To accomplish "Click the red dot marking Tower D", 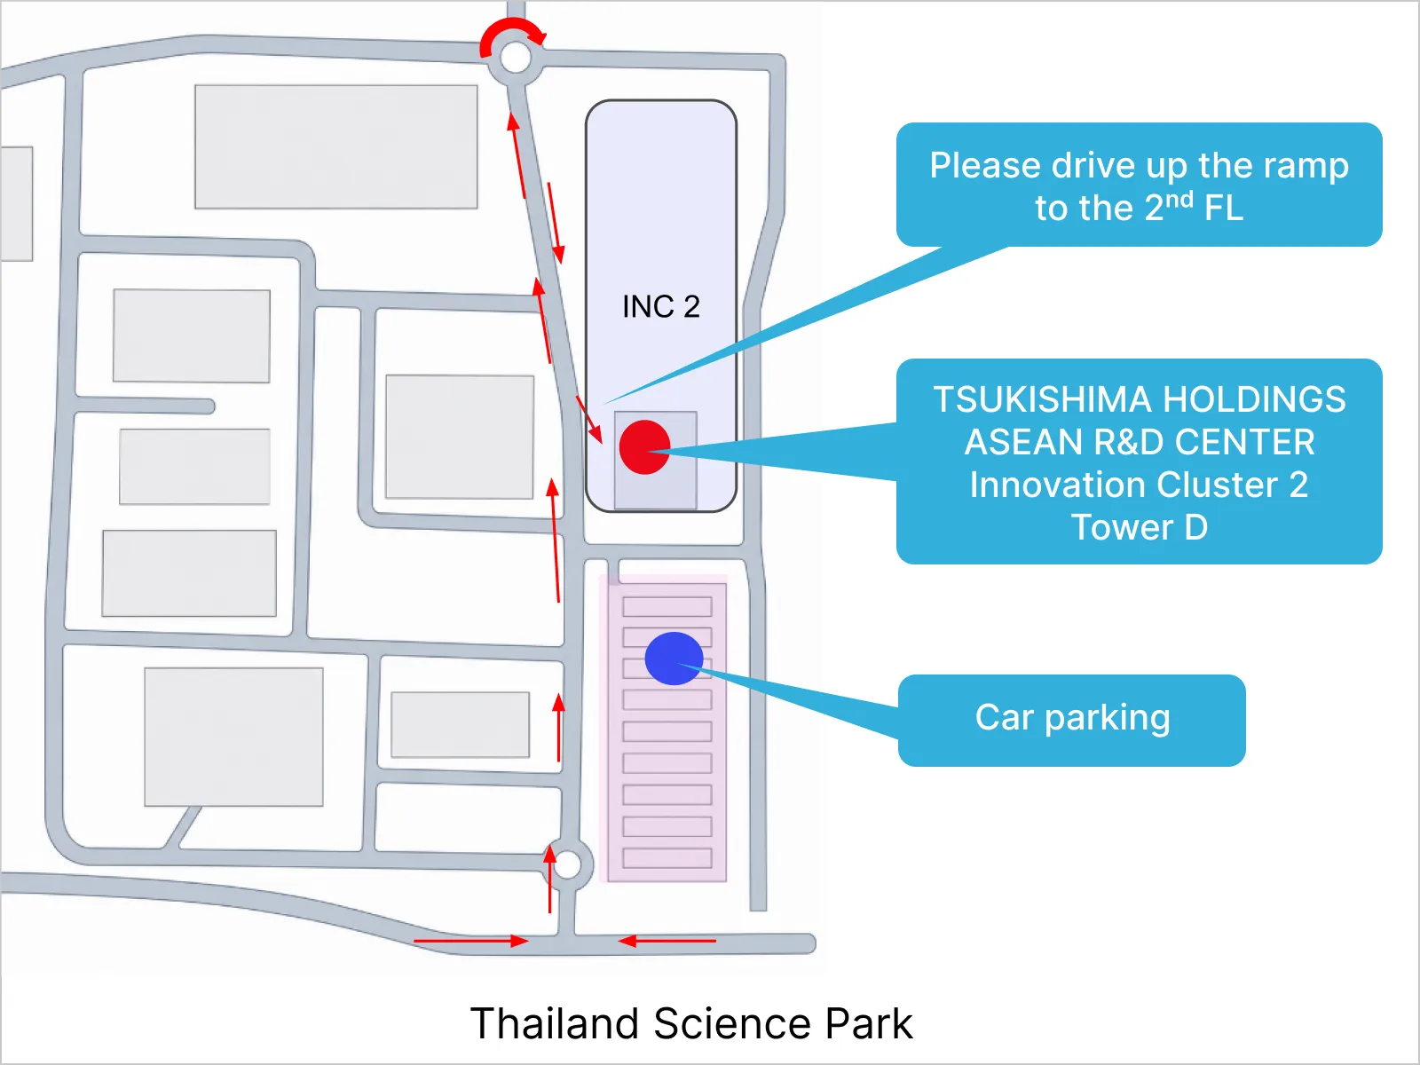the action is tap(644, 446).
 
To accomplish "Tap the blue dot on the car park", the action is tap(674, 659).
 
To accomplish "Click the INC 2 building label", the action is tap(661, 306).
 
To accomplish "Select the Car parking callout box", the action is tap(1072, 720).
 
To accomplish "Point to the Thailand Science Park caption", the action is tap(690, 1023).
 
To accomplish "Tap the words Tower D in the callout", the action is tap(1140, 527).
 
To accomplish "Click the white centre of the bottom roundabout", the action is tap(567, 864).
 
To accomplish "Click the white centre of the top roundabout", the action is tap(516, 58).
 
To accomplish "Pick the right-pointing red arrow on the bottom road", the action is tap(471, 941).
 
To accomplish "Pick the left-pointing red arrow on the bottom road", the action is tap(667, 941).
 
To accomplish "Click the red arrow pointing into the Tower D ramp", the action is tap(589, 420).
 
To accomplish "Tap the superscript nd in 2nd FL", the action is tap(1179, 199).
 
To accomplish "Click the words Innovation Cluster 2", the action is tap(1140, 485).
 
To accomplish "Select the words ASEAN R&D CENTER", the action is tap(1140, 442).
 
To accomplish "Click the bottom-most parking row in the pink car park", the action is tap(667, 858).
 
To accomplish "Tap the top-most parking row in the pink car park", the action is tap(667, 606).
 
